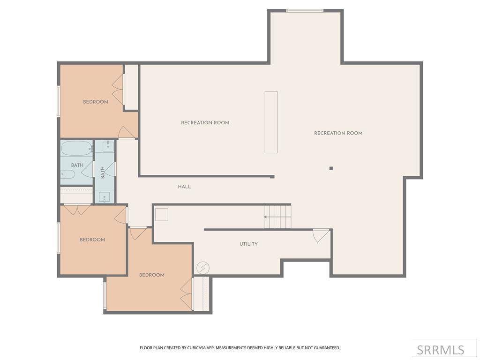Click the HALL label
[x=184, y=187]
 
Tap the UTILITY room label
[x=248, y=244]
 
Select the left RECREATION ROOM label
[x=205, y=123]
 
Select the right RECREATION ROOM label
[x=338, y=133]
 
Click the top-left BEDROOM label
[x=96, y=102]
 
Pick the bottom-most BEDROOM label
[x=151, y=275]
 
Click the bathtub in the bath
[x=76, y=148]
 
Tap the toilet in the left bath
[x=67, y=174]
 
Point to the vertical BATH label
[x=103, y=172]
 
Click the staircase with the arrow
[x=277, y=217]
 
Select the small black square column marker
[x=331, y=168]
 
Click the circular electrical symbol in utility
[x=203, y=268]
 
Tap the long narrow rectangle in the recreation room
[x=271, y=122]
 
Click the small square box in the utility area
[x=162, y=214]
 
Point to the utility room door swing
[x=321, y=235]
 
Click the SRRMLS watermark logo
[x=440, y=350]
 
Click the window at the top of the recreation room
[x=305, y=10]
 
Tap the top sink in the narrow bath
[x=108, y=146]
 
